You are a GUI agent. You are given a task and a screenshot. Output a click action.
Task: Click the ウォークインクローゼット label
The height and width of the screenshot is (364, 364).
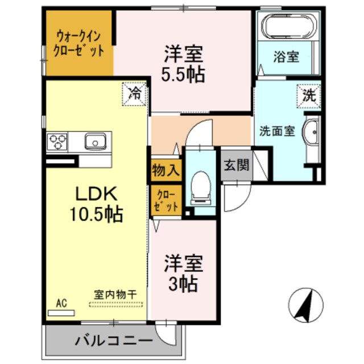[79, 44]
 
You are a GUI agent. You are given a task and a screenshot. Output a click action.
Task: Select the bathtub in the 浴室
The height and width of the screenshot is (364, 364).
[287, 26]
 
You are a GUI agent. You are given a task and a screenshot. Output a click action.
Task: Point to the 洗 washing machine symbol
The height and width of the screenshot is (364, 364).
[308, 96]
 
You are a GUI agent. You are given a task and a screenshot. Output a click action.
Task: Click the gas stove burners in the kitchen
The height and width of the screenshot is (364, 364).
[57, 140]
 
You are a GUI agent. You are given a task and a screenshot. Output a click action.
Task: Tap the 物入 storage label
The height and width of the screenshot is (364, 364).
[166, 169]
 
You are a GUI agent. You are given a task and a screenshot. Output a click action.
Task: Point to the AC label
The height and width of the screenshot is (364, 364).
[61, 304]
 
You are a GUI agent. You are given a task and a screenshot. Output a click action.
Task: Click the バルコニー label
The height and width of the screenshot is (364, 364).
[113, 341]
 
